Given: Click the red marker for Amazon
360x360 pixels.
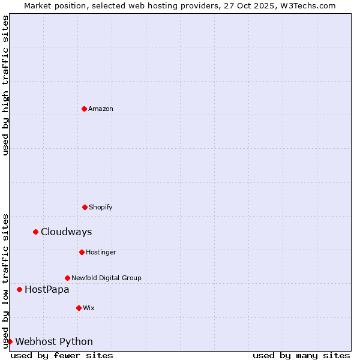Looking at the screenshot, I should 84,109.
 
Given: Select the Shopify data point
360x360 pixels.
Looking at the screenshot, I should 85,207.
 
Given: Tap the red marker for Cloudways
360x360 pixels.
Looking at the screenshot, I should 35,232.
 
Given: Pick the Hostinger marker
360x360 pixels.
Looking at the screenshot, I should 82,252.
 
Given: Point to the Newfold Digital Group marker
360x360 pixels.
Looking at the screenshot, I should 67,278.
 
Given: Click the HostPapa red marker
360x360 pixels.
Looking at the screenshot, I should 19,289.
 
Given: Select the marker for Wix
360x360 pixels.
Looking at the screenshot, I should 79,308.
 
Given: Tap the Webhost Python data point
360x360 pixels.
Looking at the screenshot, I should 10,341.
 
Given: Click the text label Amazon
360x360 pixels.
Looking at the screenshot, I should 101,109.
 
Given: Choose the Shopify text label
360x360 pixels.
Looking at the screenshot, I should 101,207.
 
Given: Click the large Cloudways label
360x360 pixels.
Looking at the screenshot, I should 66,232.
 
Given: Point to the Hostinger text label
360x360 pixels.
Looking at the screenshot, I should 101,252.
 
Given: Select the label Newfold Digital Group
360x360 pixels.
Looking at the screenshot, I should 106,278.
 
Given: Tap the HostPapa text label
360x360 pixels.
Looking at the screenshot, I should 47,289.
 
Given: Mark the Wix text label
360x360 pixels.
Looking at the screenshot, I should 89,308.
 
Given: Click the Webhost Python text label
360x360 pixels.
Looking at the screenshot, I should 54,341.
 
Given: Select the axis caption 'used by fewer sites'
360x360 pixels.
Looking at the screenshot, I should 62,355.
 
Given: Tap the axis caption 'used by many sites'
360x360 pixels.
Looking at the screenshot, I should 301,355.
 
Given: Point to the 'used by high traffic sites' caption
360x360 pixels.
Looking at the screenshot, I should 5,85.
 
